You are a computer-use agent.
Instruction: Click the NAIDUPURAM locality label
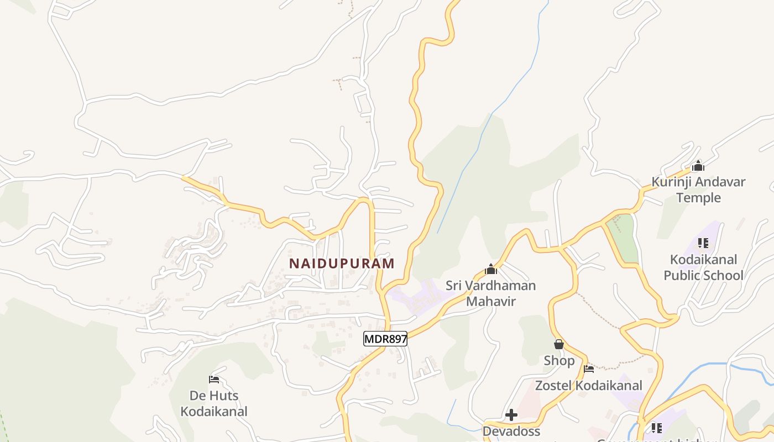342,264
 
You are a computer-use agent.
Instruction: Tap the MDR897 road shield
385,339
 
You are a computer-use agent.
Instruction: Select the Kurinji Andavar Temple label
698,190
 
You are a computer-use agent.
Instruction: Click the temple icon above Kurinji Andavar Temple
698,166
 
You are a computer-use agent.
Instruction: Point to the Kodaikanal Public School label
703,267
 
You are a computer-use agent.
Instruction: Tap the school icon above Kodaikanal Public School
703,243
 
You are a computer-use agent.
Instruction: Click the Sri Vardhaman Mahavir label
491,293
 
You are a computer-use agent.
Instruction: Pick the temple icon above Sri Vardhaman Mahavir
491,270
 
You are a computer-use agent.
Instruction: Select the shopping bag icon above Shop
559,344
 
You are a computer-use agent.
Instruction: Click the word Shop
559,361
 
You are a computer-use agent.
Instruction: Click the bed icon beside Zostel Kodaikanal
589,369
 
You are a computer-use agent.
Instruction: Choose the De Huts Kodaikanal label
214,403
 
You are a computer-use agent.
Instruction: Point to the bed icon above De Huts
214,380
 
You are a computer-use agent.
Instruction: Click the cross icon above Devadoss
511,414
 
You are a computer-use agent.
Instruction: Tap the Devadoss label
511,431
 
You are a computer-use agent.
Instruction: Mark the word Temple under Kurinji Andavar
698,198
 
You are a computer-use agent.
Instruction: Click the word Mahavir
491,302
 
